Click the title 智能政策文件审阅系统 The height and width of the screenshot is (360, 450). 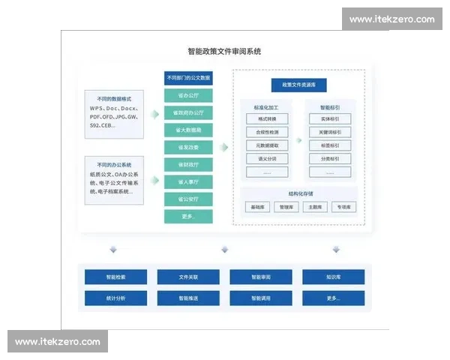pos(224,52)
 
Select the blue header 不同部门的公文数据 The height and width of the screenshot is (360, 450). pos(188,78)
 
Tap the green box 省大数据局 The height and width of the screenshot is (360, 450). pos(188,130)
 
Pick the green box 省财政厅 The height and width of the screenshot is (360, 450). pos(188,164)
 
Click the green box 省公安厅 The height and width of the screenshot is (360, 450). pos(188,199)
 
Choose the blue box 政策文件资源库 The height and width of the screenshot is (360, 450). pos(298,85)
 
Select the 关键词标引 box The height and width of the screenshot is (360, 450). pos(329,132)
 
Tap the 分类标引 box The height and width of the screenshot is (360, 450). pos(329,159)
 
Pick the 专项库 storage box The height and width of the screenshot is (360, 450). pos(344,207)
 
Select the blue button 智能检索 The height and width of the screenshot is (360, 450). pos(115,277)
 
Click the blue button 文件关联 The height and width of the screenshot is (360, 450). pos(188,277)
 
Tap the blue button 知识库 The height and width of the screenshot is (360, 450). pos(334,277)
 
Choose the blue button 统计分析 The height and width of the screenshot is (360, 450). pos(115,298)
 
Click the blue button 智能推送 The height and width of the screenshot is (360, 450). pos(188,298)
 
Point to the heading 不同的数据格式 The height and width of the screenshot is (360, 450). pos(113,97)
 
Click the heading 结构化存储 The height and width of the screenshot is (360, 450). pos(299,192)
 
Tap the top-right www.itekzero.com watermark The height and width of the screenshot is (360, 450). pos(391,19)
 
